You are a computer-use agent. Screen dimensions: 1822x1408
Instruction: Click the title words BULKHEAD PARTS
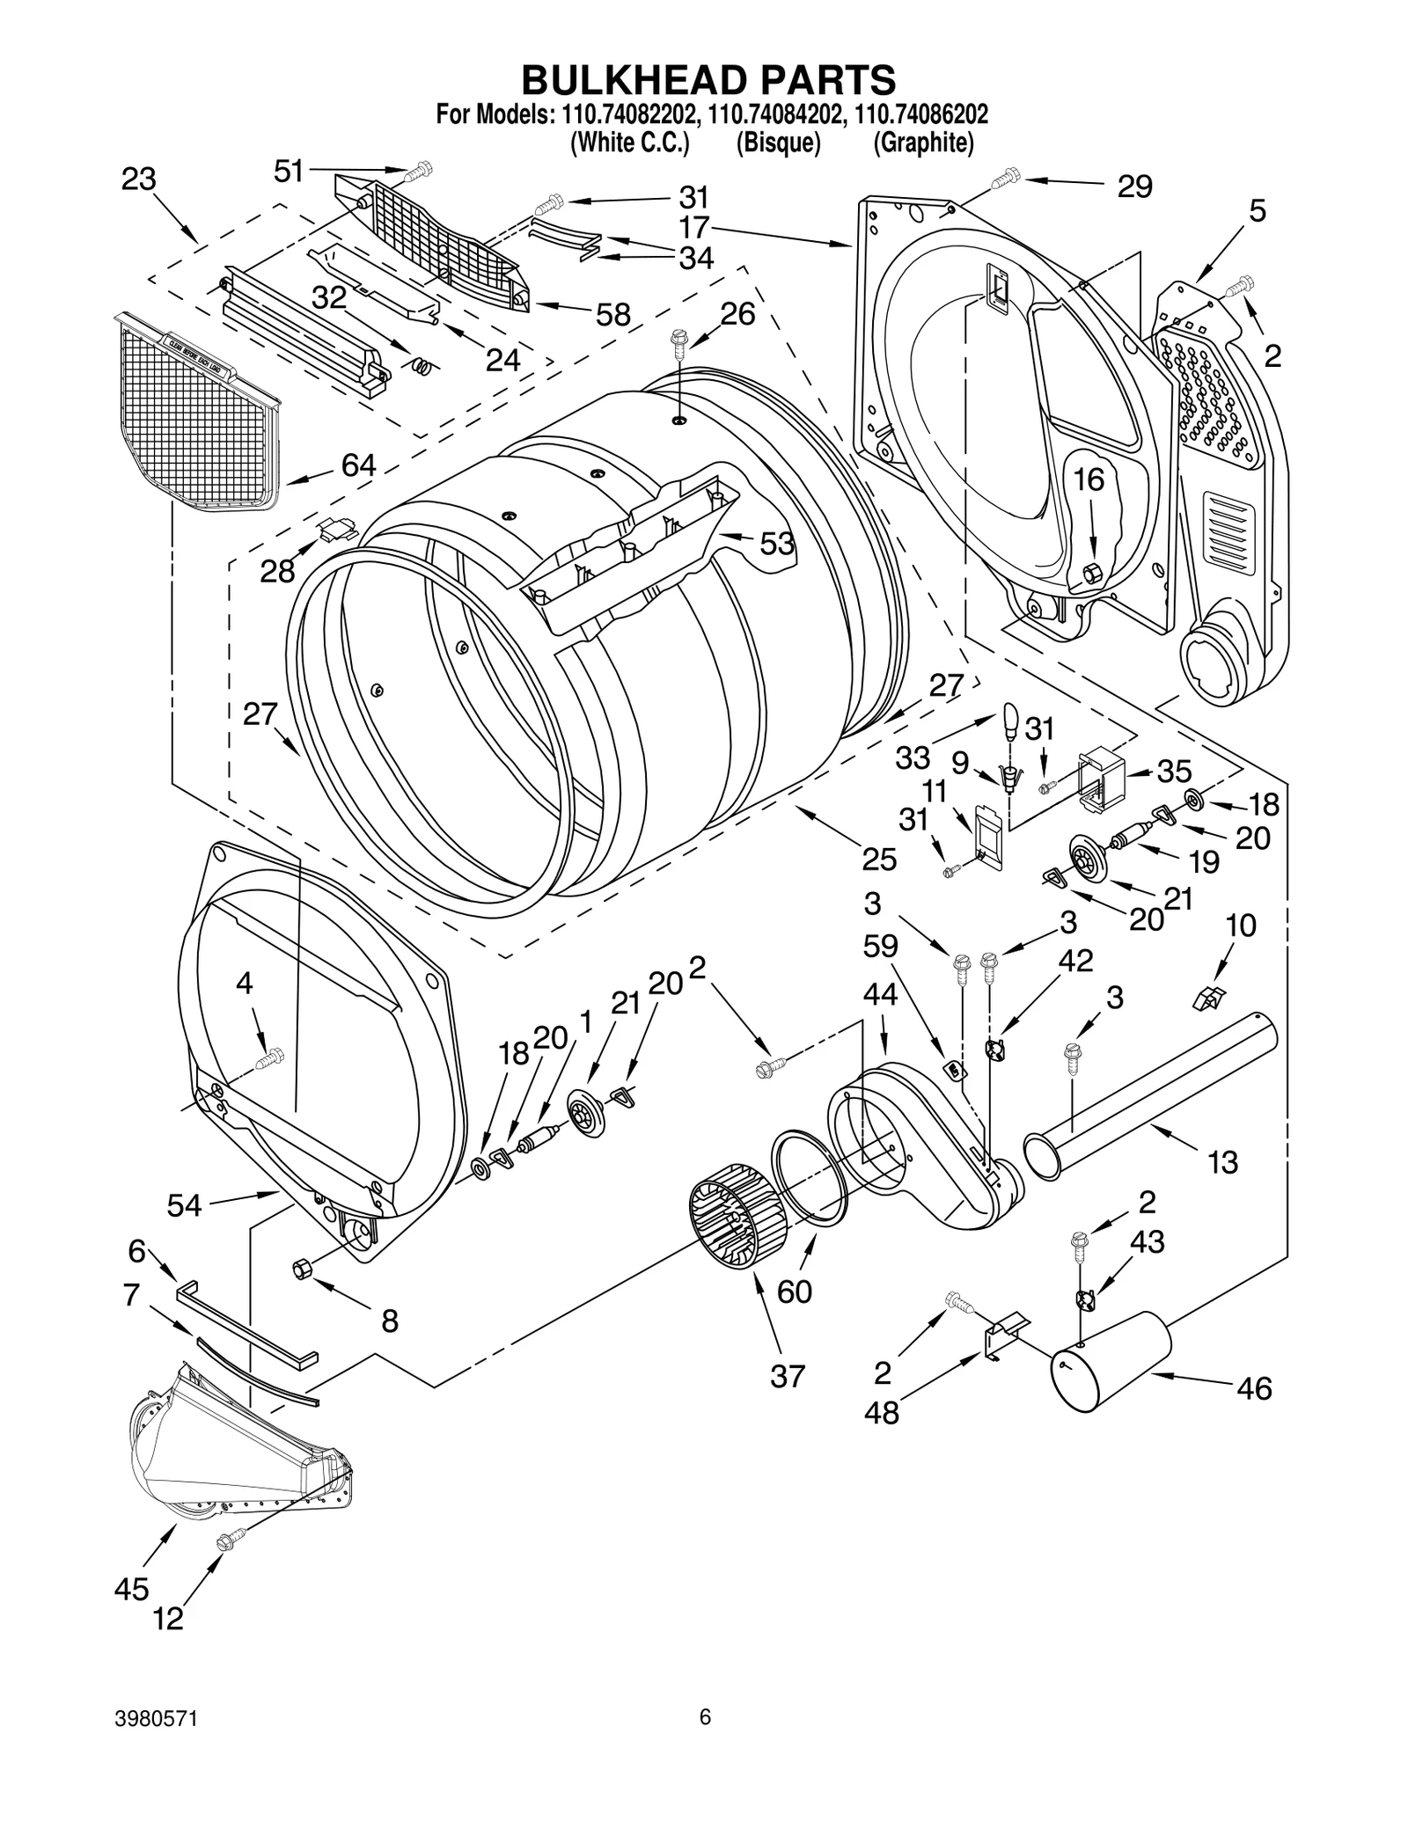pos(708,79)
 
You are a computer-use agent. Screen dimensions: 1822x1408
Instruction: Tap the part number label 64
pos(358,465)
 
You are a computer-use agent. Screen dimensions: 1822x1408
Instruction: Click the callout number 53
pos(777,544)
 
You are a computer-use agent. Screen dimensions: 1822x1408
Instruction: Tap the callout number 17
pos(693,228)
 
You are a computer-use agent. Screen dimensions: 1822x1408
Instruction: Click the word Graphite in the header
pos(923,143)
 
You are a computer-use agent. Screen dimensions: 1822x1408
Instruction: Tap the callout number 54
pos(185,1205)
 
